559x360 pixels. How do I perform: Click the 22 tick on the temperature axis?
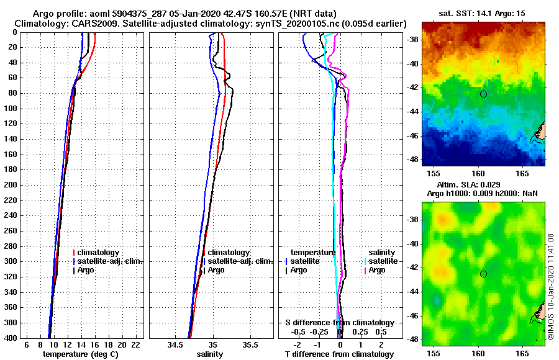pos(135,345)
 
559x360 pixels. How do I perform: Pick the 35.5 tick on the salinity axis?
pos(250,345)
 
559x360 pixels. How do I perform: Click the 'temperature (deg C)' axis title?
pos(80,354)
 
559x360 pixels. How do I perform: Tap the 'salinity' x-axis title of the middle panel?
pos(209,354)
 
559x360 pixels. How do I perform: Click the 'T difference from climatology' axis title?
pos(339,354)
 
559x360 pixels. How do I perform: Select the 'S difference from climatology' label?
pos(339,323)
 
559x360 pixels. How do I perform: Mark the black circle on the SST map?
pos(483,94)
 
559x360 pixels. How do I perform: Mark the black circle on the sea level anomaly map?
pos(483,274)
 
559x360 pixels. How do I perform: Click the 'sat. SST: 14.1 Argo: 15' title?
pos(483,13)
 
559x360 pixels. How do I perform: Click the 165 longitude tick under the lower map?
pos(522,353)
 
